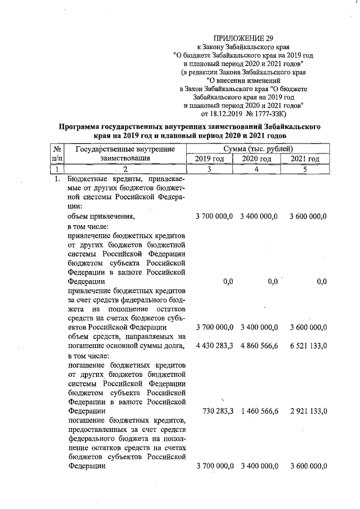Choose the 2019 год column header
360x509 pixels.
coord(209,159)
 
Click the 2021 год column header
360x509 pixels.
coord(305,159)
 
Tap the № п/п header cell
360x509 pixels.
coord(56,154)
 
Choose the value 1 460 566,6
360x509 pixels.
coord(259,412)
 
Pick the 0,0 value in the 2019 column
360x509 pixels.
coord(227,281)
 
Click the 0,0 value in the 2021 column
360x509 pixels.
coord(322,281)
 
